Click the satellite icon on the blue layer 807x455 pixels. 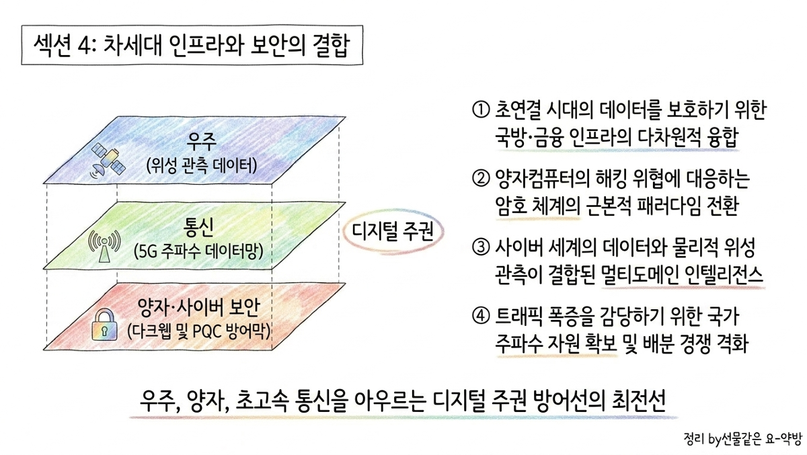108,161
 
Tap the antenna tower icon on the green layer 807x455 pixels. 104,246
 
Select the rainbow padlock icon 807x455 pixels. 104,325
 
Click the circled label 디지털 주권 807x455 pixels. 392,231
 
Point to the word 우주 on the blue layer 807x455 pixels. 201,141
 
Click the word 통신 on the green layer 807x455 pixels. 198,227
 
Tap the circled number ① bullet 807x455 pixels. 481,110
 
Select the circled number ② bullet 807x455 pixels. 481,178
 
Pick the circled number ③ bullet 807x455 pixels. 481,247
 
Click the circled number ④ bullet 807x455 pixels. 481,316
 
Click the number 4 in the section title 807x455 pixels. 83,46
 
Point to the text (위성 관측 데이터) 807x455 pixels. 202,165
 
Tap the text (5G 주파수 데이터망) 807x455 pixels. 198,251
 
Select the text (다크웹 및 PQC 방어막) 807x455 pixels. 199,331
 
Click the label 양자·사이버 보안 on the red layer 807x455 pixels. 198,308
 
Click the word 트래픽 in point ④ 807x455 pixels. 518,316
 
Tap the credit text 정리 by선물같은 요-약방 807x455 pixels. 743,439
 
